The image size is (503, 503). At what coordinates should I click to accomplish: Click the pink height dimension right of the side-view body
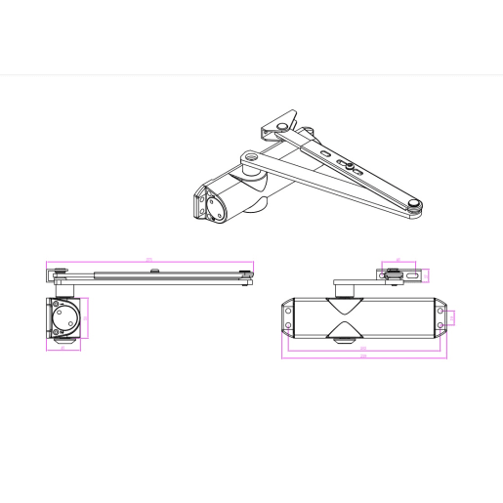(87, 317)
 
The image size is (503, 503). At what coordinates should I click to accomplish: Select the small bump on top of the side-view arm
(147, 269)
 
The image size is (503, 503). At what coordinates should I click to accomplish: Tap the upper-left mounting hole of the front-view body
(289, 311)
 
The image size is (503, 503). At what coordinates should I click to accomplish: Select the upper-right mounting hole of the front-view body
(440, 312)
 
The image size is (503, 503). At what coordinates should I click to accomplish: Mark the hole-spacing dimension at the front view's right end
(452, 317)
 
